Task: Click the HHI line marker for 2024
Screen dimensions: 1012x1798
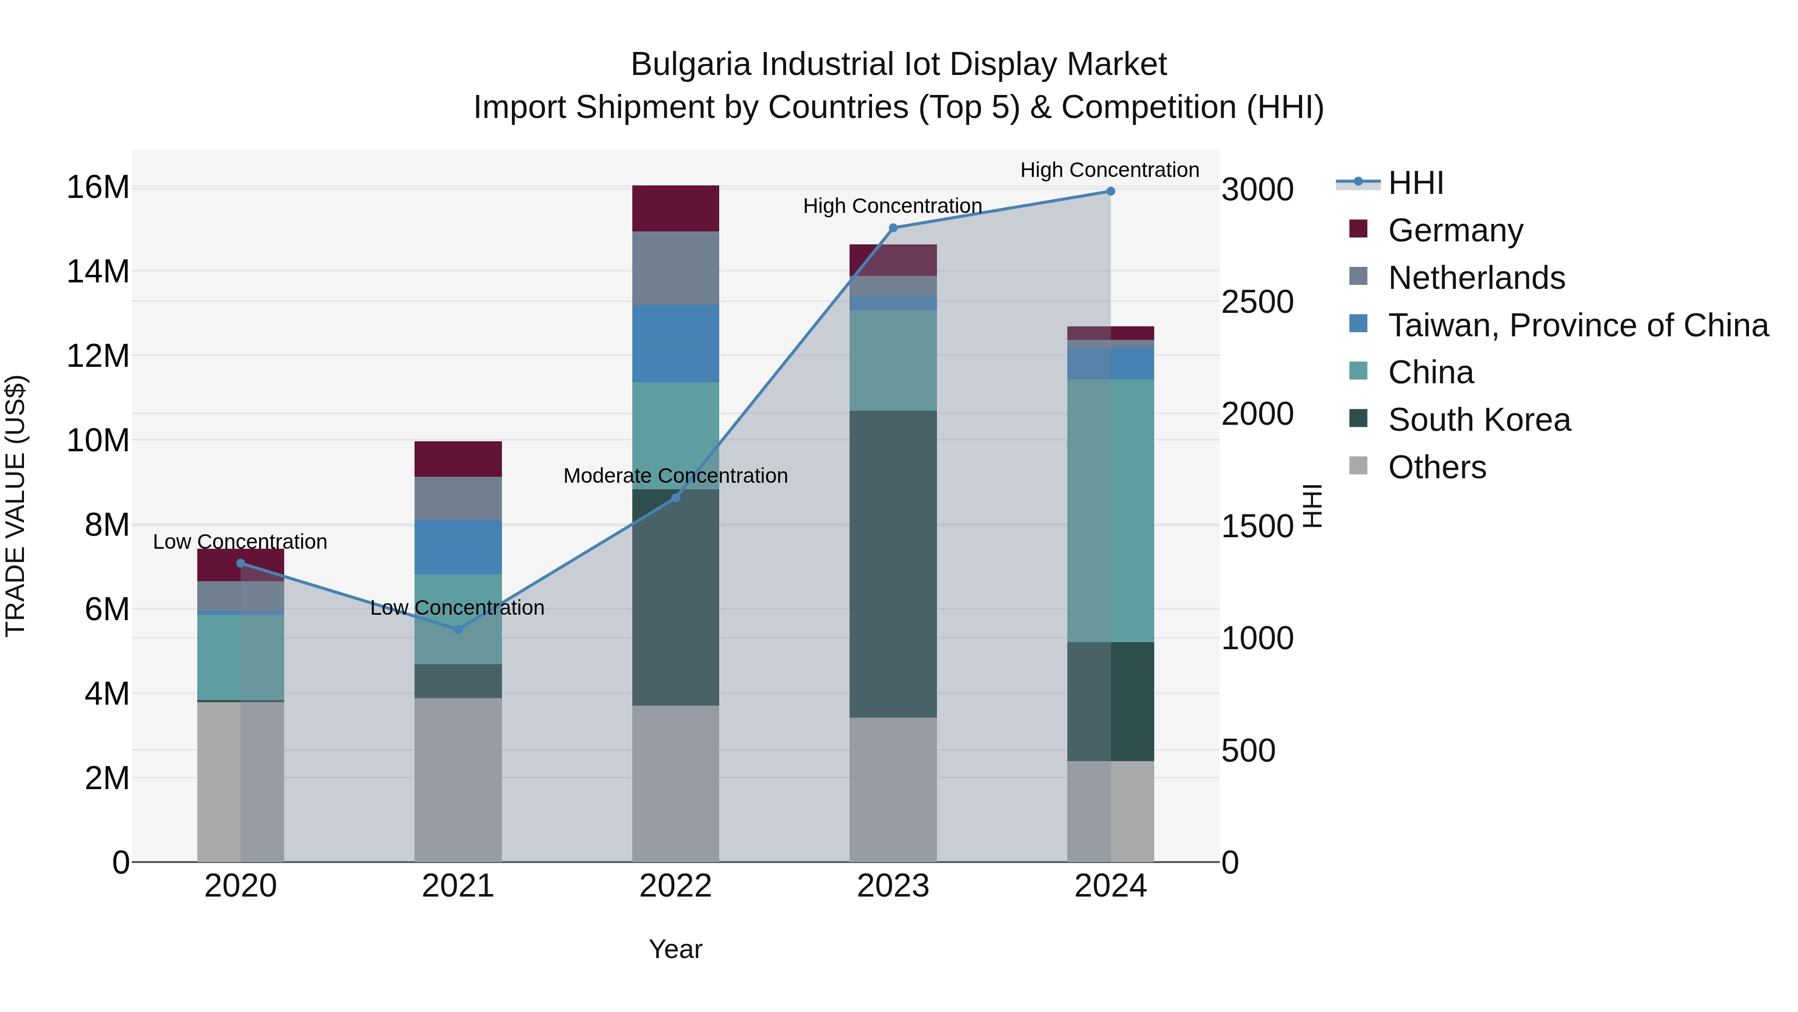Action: [x=1110, y=191]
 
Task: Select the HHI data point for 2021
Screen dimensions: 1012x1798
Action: [x=458, y=629]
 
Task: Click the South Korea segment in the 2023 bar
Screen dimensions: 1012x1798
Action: [x=893, y=564]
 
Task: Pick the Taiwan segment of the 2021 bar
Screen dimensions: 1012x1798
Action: [x=458, y=546]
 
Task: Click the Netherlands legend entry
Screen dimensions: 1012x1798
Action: [x=1476, y=278]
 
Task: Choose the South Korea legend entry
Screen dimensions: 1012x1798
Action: [x=1479, y=420]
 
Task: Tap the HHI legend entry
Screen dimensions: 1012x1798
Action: [x=1415, y=183]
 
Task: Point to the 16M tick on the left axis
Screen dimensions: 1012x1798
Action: [x=98, y=187]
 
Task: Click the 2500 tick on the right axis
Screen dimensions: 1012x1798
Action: [x=1257, y=302]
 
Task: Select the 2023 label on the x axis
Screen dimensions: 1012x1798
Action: [x=893, y=886]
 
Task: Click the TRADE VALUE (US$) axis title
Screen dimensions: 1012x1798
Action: [x=15, y=506]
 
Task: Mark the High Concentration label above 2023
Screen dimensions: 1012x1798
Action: [x=892, y=206]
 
